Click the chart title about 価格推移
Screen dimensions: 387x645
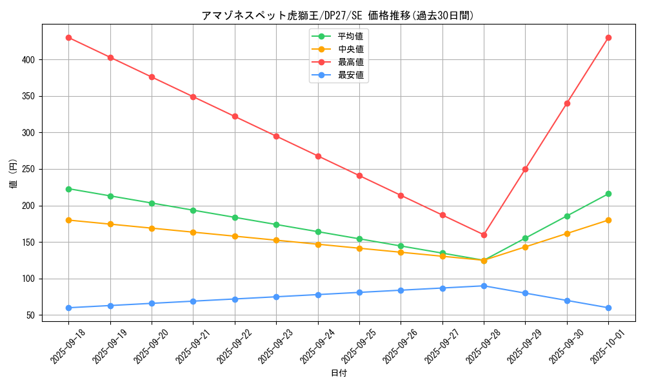pyautogui.click(x=338, y=15)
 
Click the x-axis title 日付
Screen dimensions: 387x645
pyautogui.click(x=339, y=373)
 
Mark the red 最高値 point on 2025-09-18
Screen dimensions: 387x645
pyautogui.click(x=68, y=37)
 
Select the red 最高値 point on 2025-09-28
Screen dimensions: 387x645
pyautogui.click(x=484, y=235)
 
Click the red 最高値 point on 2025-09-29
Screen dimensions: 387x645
pyautogui.click(x=525, y=169)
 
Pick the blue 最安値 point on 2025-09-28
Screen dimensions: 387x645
pyautogui.click(x=484, y=286)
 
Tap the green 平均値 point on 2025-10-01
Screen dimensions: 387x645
pyautogui.click(x=608, y=194)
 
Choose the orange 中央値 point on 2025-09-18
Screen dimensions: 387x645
pyautogui.click(x=68, y=220)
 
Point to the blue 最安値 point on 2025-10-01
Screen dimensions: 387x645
pyautogui.click(x=608, y=308)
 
